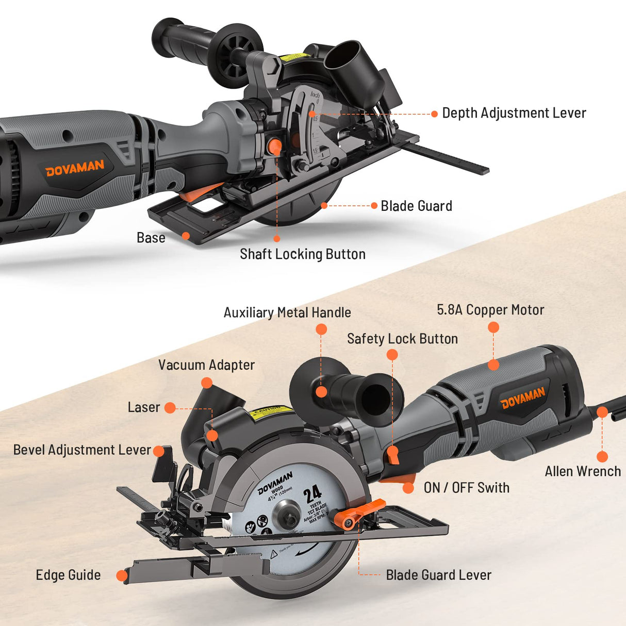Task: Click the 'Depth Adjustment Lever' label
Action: [514, 113]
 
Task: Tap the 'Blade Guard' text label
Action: [416, 206]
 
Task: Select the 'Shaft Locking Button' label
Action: [303, 254]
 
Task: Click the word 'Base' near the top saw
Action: [151, 238]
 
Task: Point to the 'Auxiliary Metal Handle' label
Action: [287, 312]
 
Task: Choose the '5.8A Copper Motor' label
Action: [490, 309]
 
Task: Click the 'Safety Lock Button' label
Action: [402, 339]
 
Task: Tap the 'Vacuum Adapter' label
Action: [206, 365]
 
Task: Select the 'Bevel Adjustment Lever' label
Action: [82, 450]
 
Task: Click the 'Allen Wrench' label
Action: [583, 471]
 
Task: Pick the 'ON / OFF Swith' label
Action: [466, 488]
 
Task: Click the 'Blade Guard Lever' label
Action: [438, 575]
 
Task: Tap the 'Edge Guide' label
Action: [68, 575]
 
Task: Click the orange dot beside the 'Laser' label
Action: [170, 408]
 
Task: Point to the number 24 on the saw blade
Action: [312, 495]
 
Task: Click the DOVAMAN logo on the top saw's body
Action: [75, 168]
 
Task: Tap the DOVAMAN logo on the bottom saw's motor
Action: [522, 398]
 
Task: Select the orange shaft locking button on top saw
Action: [274, 145]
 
